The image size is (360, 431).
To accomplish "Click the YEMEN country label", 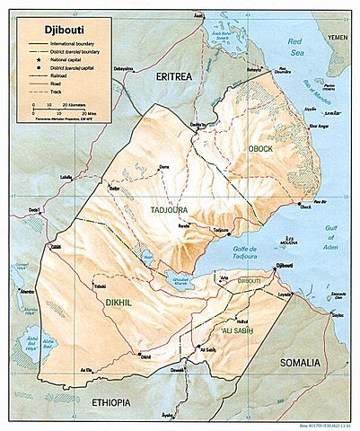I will click(338, 38).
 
